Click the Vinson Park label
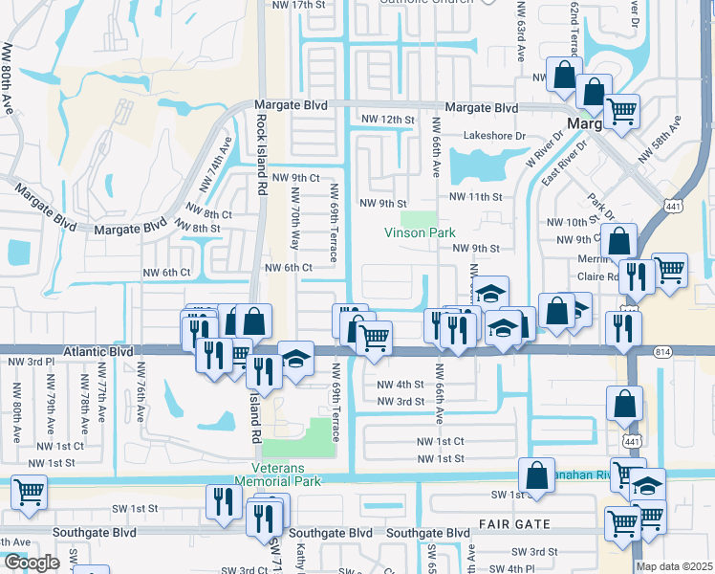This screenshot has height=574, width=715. coord(420,232)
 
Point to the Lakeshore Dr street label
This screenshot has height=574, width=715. coord(495,136)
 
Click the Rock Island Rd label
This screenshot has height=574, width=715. coord(260,155)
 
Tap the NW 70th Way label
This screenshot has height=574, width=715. coord(294,218)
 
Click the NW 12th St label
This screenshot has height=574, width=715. coord(387,120)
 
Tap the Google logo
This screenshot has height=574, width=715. coord(32,563)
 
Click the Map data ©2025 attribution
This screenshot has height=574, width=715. coord(674,566)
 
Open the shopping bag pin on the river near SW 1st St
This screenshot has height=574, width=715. coord(537,475)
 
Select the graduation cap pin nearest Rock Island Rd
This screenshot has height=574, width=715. coord(296,360)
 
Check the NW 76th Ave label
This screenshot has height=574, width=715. coord(141,393)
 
